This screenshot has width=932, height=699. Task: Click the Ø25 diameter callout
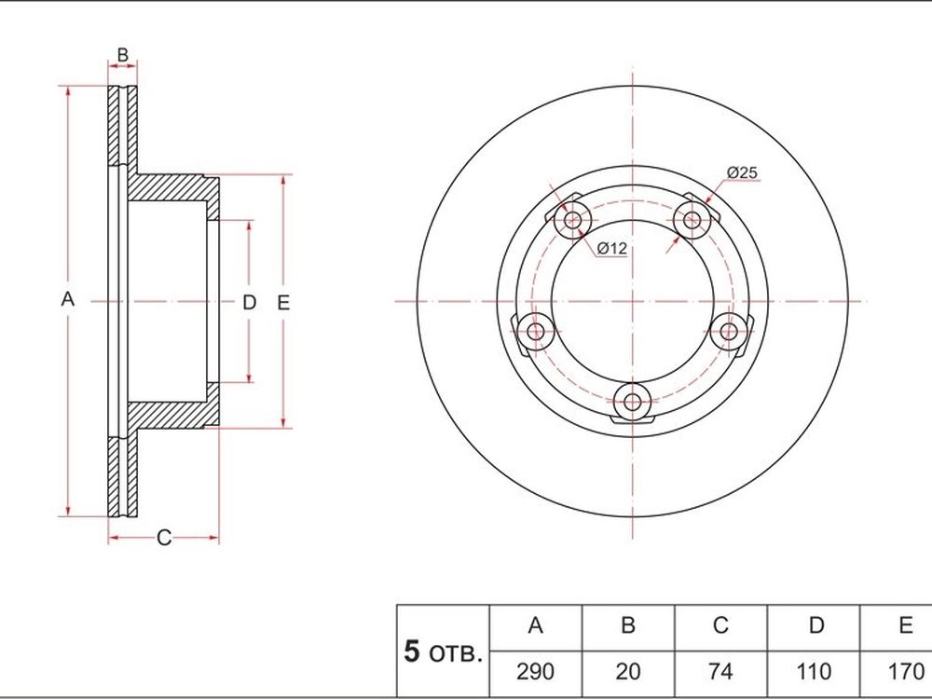(x=743, y=172)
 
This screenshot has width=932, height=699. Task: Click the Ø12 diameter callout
(x=611, y=248)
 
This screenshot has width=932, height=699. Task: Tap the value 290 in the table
(x=535, y=672)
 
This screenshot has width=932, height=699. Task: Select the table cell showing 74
(x=720, y=672)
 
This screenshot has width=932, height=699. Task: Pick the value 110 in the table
(x=813, y=672)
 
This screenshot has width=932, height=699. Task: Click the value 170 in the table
(x=905, y=672)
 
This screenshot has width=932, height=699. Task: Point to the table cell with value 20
(x=627, y=672)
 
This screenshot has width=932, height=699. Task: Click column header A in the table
(x=536, y=625)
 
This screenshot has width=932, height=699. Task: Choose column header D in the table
(x=816, y=625)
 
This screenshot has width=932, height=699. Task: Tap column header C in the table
(x=720, y=625)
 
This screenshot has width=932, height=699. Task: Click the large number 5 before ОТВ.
(x=411, y=651)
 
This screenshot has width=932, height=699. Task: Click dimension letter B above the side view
(x=122, y=55)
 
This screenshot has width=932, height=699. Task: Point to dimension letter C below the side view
(x=163, y=538)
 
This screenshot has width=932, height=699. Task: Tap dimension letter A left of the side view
(x=68, y=299)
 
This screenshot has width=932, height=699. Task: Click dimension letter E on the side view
(x=283, y=303)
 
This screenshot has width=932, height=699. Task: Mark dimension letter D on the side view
(x=249, y=303)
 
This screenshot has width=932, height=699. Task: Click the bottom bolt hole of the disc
(x=633, y=403)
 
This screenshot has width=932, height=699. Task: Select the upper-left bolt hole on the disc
(x=573, y=220)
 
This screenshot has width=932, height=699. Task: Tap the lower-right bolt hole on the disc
(x=729, y=332)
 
